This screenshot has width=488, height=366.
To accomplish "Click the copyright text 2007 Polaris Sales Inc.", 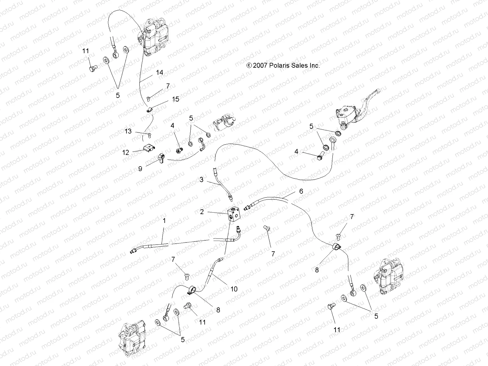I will pyautogui.click(x=283, y=65).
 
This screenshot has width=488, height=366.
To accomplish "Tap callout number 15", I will pyautogui.click(x=176, y=99).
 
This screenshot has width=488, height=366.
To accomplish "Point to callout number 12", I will pyautogui.click(x=126, y=152).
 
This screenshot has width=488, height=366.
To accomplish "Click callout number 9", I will pyautogui.click(x=140, y=168).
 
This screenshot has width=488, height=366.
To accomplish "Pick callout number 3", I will pyautogui.click(x=201, y=180).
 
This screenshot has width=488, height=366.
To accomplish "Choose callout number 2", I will pyautogui.click(x=202, y=212).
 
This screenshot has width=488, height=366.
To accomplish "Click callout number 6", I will pyautogui.click(x=301, y=191).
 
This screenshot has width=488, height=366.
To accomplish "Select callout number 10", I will pyautogui.click(x=234, y=289).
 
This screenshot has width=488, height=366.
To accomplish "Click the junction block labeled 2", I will pyautogui.click(x=235, y=214).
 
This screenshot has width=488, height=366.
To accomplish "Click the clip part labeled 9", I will pyautogui.click(x=161, y=158).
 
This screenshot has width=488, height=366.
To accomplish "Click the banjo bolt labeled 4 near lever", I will pyautogui.click(x=320, y=157).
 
